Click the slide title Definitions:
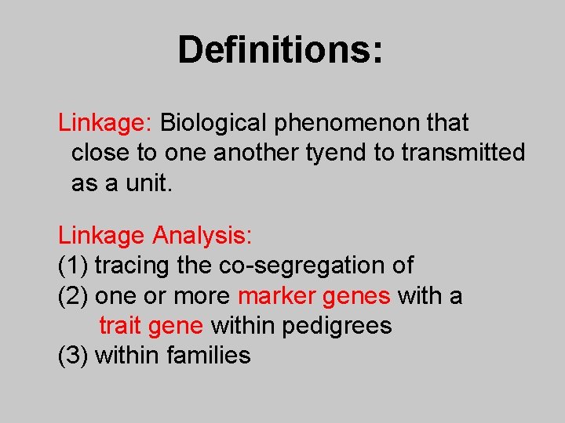coord(281,49)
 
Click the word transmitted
coord(463,153)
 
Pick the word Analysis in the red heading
coord(202,235)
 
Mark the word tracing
coord(133,266)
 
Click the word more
coord(202,296)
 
